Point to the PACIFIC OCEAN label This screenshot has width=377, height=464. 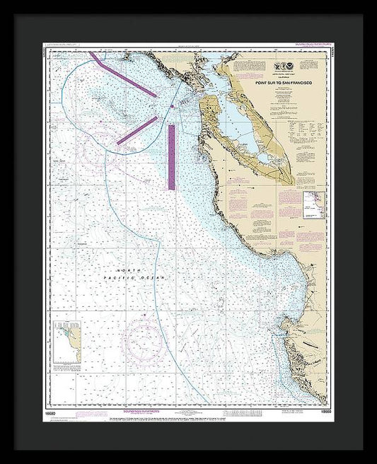pos(141,278)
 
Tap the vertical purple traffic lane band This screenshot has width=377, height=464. pos(171,157)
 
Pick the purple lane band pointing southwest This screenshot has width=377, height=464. pos(137,131)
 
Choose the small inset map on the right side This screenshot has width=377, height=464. pos(313,203)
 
